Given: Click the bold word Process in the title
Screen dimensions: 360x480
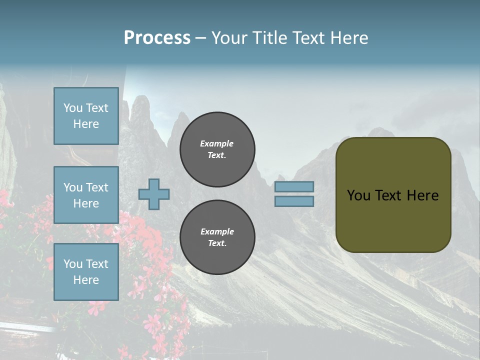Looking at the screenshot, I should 157,38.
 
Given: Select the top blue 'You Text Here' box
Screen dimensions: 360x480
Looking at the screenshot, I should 86,116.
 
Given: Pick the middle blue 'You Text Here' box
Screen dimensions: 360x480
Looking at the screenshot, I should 86,195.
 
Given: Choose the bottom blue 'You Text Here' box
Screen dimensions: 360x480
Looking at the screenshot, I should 86,271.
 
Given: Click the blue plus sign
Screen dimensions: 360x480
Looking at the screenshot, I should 154,194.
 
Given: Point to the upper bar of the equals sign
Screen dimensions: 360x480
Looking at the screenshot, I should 294,186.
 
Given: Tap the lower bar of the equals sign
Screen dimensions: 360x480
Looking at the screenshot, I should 294,201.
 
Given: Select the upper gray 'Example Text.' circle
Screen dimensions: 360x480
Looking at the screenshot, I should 217,149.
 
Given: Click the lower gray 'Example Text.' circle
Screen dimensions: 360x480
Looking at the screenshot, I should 217,237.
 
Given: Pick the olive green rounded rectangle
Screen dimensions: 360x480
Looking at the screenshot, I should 393,194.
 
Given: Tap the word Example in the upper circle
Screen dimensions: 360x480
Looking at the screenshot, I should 217,143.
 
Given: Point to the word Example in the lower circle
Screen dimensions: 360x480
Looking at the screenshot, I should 217,231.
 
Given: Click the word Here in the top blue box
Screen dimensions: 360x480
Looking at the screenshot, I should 86,124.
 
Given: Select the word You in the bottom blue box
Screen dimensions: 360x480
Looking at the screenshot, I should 72,263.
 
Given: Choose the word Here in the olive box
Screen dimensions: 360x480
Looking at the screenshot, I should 422,195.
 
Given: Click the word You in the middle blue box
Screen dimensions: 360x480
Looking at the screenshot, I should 72,187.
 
